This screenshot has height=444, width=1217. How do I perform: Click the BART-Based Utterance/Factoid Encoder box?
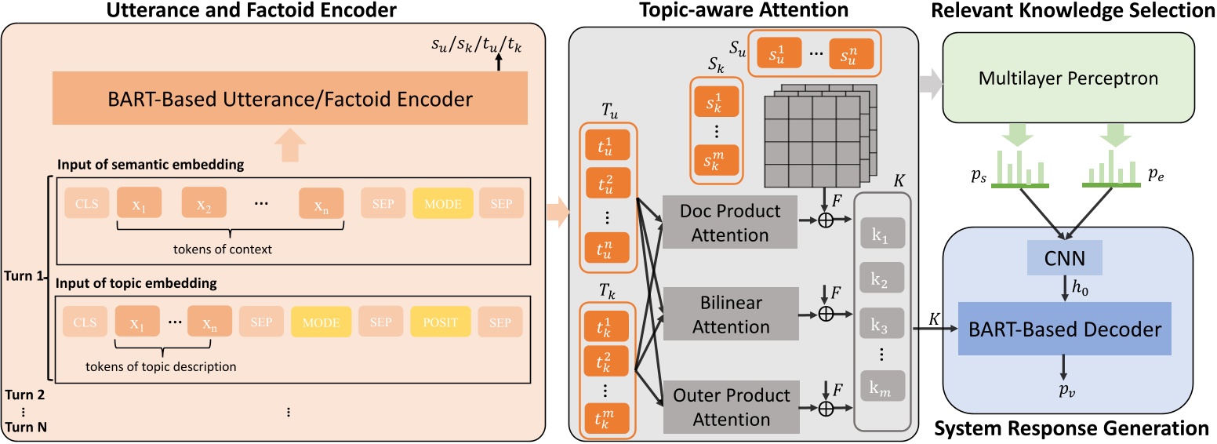[289, 99]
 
